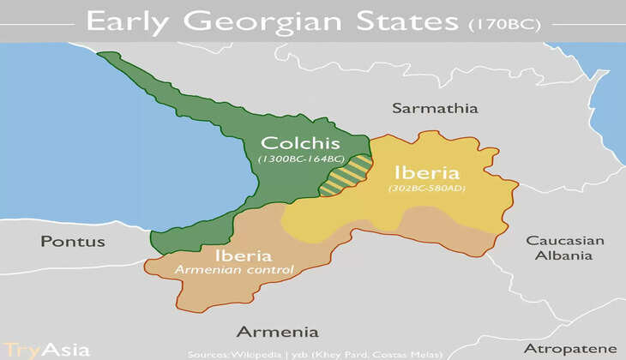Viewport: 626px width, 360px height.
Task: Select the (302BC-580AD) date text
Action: pyautogui.click(x=426, y=188)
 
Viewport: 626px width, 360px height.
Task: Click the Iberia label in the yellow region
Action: pyautogui.click(x=426, y=171)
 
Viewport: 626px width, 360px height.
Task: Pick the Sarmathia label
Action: pyautogui.click(x=435, y=108)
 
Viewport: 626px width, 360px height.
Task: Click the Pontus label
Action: pyautogui.click(x=73, y=241)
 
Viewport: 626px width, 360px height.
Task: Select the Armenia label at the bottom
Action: pyautogui.click(x=277, y=331)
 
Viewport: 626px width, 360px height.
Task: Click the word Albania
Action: pyautogui.click(x=565, y=255)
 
